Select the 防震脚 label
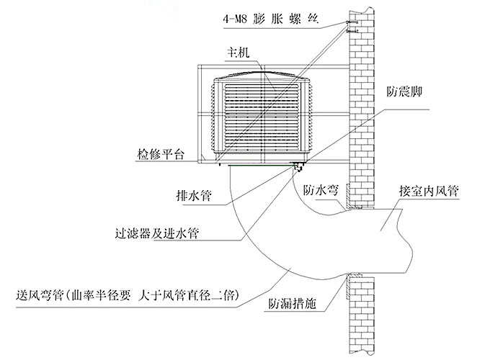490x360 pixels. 400,92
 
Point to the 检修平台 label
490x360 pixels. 160,154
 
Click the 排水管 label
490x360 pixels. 194,195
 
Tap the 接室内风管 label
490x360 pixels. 429,192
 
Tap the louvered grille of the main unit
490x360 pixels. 263,119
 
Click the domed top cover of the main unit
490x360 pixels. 263,77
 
